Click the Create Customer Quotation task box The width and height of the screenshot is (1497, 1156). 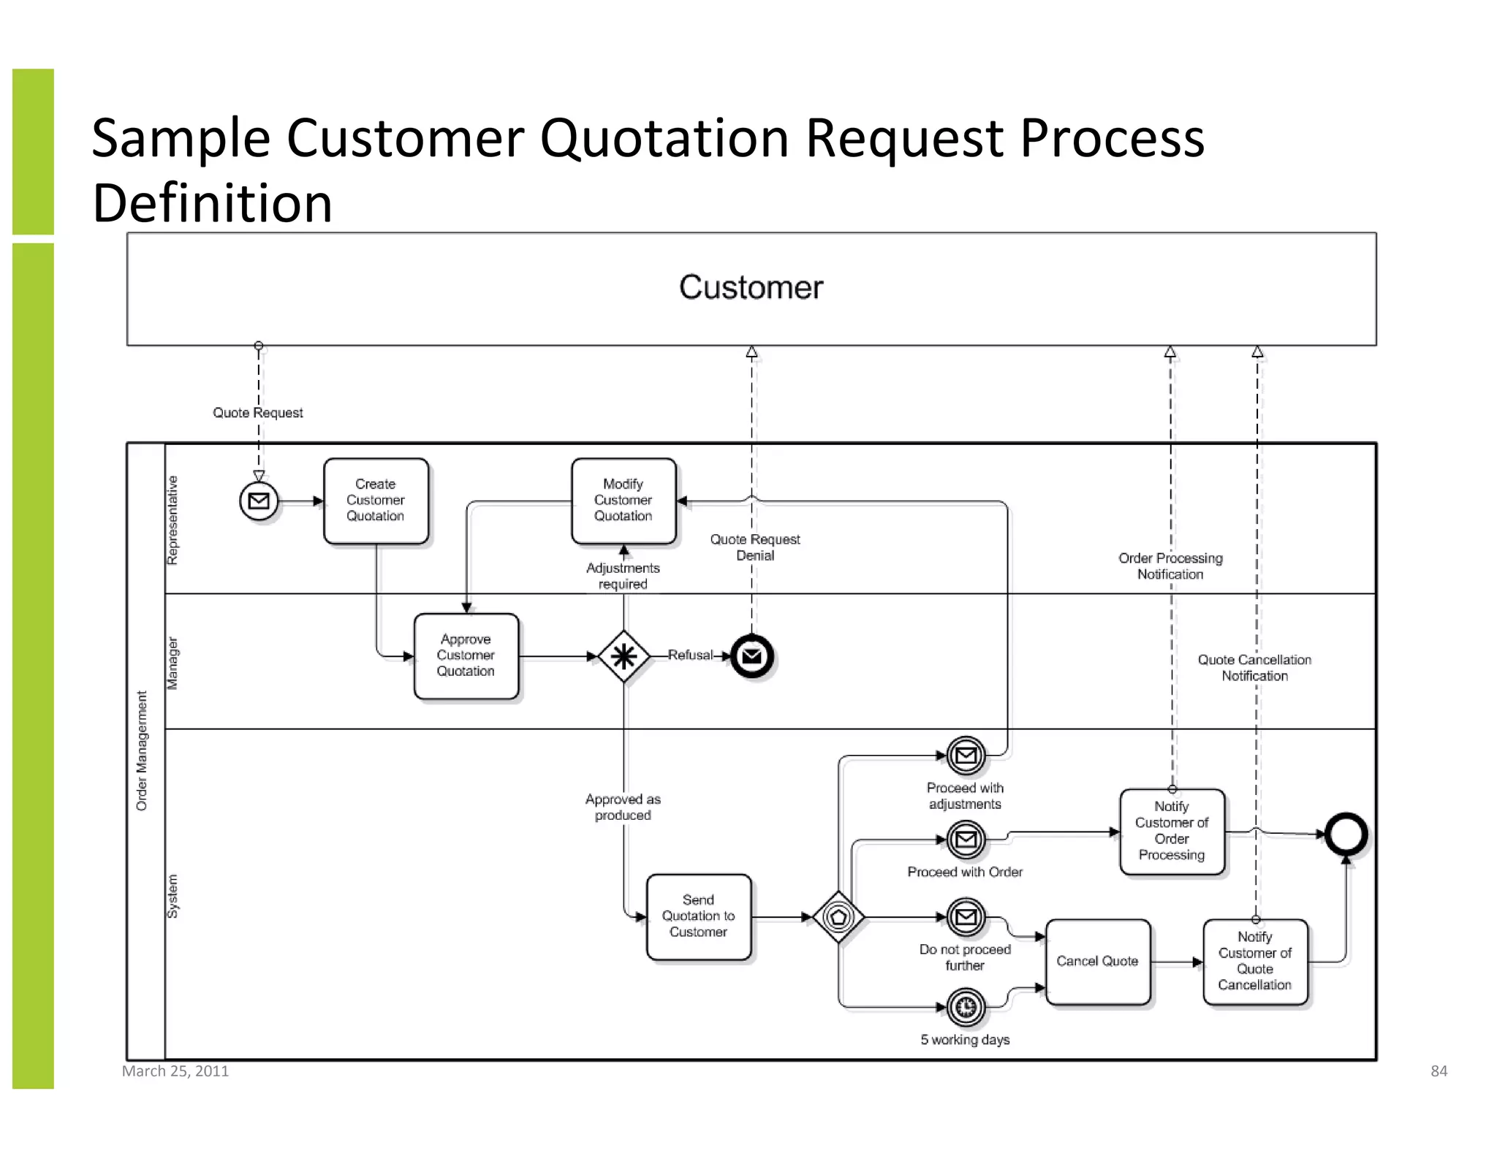tap(376, 501)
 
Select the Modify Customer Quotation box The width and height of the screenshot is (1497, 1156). tap(624, 501)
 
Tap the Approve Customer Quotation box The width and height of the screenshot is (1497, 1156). tap(466, 655)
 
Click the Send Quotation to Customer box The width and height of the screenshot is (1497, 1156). tap(699, 916)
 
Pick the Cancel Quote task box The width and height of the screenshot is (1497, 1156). tap(1098, 962)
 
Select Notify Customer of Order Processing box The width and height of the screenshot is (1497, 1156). tap(1172, 832)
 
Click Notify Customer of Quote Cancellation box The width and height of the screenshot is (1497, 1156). tap(1255, 962)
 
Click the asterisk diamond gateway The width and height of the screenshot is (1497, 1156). tap(624, 656)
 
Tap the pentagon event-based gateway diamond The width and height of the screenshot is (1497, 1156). tap(838, 917)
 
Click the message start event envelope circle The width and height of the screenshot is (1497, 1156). tap(259, 501)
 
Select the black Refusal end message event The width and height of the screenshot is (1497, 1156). tap(752, 656)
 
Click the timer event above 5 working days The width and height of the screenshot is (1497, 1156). tap(966, 1007)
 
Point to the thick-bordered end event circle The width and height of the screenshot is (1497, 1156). tap(1346, 834)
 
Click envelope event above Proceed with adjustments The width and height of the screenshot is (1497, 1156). tap(966, 756)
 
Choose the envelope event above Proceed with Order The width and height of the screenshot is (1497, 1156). tap(966, 840)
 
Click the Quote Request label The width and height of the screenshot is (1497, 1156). tap(257, 413)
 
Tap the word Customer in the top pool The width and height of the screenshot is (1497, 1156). tap(751, 287)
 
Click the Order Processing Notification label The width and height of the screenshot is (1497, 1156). tap(1170, 566)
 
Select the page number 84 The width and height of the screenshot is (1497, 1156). tap(1439, 1071)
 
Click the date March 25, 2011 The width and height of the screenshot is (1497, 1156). tap(175, 1071)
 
